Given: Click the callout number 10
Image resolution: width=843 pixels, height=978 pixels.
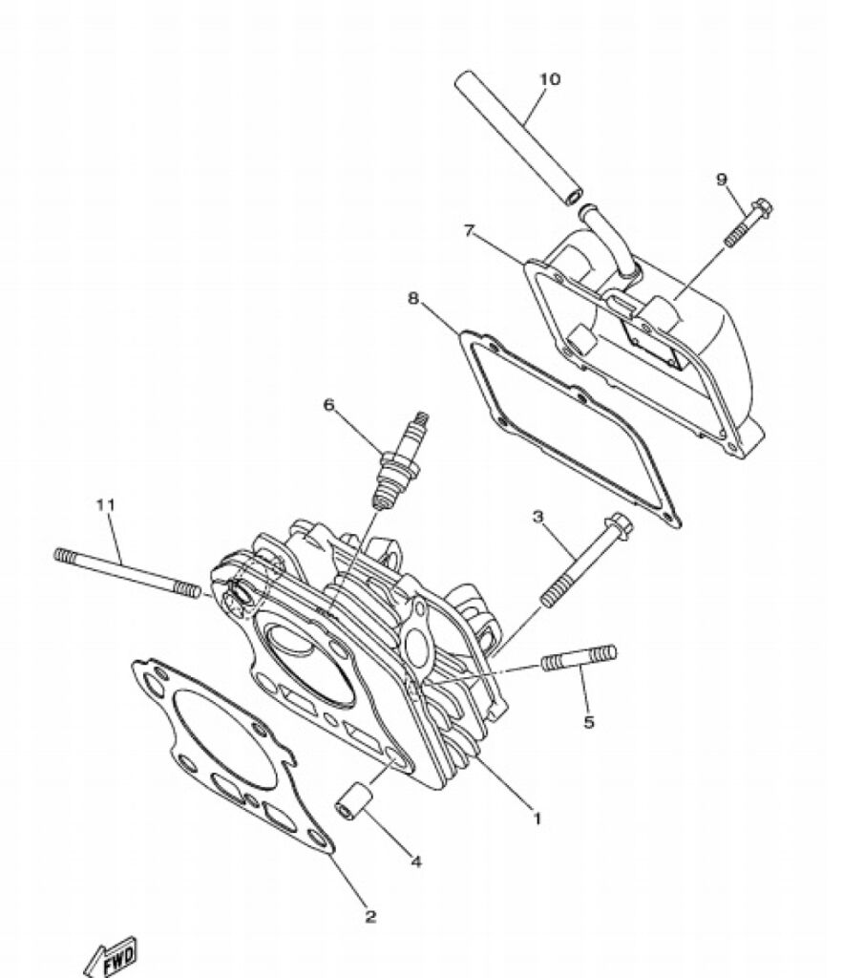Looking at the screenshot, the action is pos(549,79).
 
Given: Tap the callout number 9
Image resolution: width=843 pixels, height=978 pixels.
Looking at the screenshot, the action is pos(722,180).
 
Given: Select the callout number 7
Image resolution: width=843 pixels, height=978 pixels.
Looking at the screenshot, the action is pos(469,231).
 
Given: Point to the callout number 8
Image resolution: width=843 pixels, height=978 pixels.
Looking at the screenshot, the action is pos(412,298).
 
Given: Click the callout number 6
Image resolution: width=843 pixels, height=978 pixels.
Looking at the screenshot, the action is pos(328,405).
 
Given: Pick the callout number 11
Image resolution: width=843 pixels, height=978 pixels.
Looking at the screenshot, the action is pos(105,504).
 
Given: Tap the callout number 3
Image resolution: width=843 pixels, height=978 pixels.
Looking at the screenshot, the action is pos(537,517).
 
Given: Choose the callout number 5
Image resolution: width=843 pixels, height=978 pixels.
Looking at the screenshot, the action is pos(589,722).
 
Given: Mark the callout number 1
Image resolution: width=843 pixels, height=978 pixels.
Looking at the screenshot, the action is pos(537,818).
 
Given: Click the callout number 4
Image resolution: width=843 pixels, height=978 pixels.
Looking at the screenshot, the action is pos(416,861).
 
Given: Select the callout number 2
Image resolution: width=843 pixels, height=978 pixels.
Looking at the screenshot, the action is pos(370,916).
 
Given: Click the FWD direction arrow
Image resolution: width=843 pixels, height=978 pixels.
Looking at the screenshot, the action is pos(111,957).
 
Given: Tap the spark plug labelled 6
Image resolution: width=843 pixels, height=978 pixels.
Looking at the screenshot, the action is pos(399,460).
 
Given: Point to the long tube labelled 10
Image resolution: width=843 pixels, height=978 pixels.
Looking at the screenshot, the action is pos(518,138).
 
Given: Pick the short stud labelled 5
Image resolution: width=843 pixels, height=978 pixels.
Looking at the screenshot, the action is pos(579,658).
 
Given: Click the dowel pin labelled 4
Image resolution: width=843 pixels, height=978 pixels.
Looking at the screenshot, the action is pos(355,800).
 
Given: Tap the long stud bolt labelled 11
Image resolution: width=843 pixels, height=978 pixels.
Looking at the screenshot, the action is pos(128,571).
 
